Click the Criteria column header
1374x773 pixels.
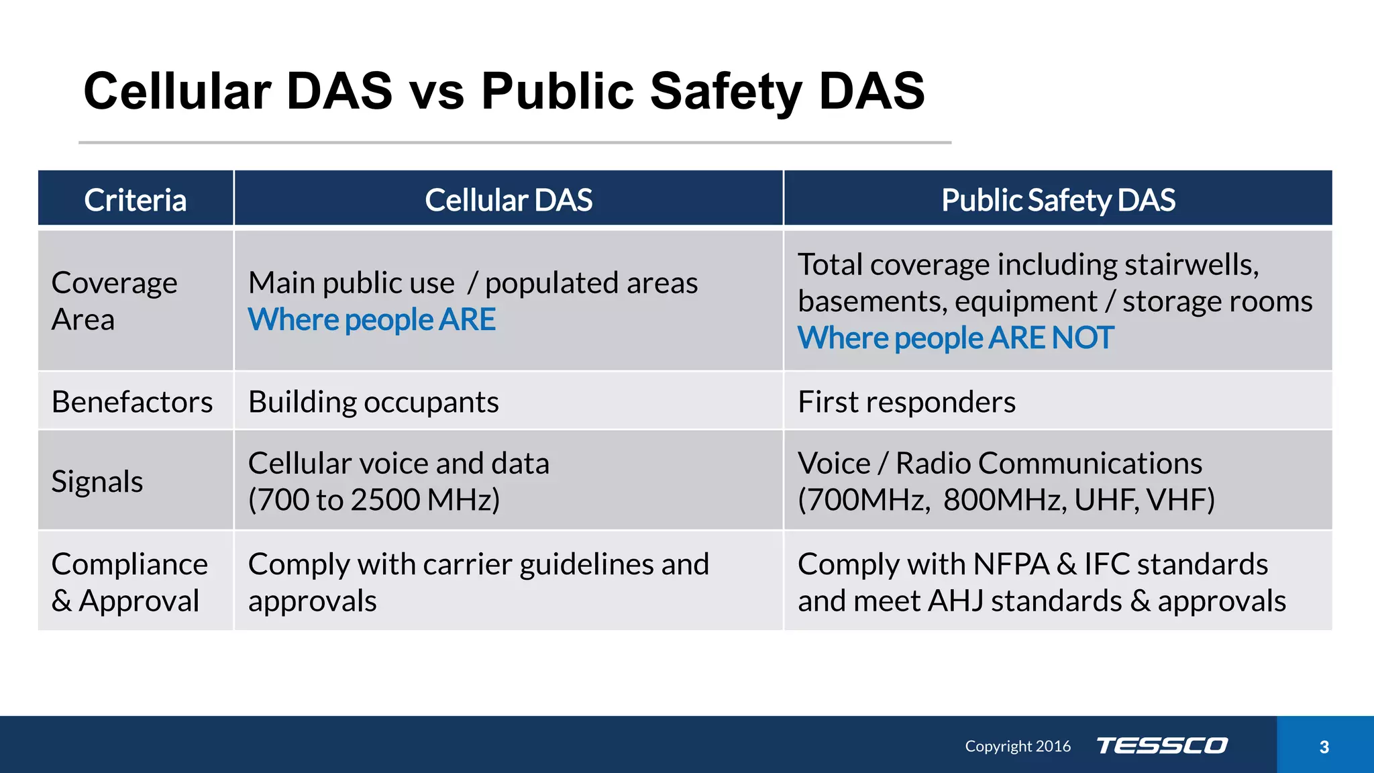136,200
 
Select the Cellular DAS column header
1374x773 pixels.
509,200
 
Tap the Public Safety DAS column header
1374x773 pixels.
1058,200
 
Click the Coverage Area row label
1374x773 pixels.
114,301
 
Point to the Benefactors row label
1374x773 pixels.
132,402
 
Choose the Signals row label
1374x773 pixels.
97,482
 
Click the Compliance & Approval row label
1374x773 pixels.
129,582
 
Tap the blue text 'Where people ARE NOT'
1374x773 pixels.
955,338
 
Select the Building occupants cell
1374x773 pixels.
373,402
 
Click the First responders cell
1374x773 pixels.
906,402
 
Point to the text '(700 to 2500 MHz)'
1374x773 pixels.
374,500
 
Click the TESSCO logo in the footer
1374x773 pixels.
1162,745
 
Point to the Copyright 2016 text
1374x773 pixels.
1018,746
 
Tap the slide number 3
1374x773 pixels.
1324,747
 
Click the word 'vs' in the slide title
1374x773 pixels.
437,91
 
